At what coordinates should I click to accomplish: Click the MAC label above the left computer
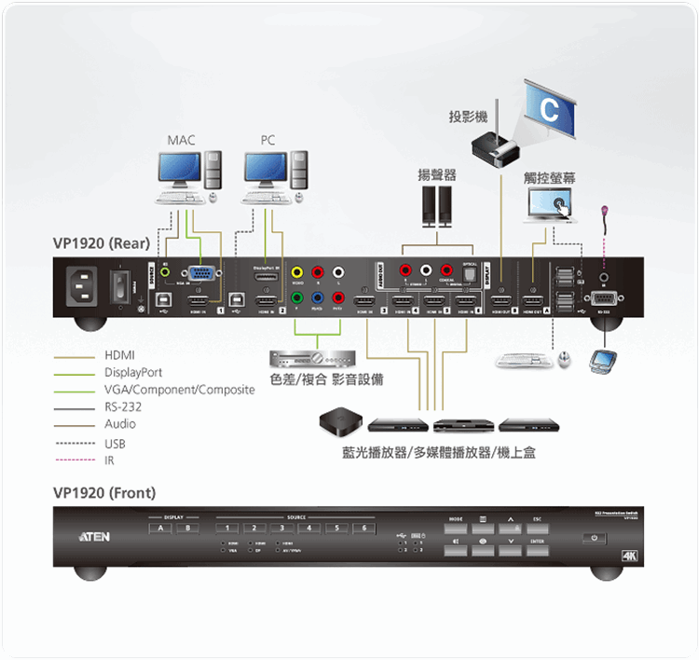tap(182, 141)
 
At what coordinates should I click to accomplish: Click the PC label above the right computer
tap(268, 141)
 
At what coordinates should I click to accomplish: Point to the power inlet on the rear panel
tap(82, 286)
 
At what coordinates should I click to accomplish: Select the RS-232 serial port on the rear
tap(602, 298)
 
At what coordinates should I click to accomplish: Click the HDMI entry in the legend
tap(119, 356)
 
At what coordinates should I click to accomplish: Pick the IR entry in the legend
tap(109, 461)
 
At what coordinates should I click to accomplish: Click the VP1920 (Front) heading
tap(104, 493)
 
